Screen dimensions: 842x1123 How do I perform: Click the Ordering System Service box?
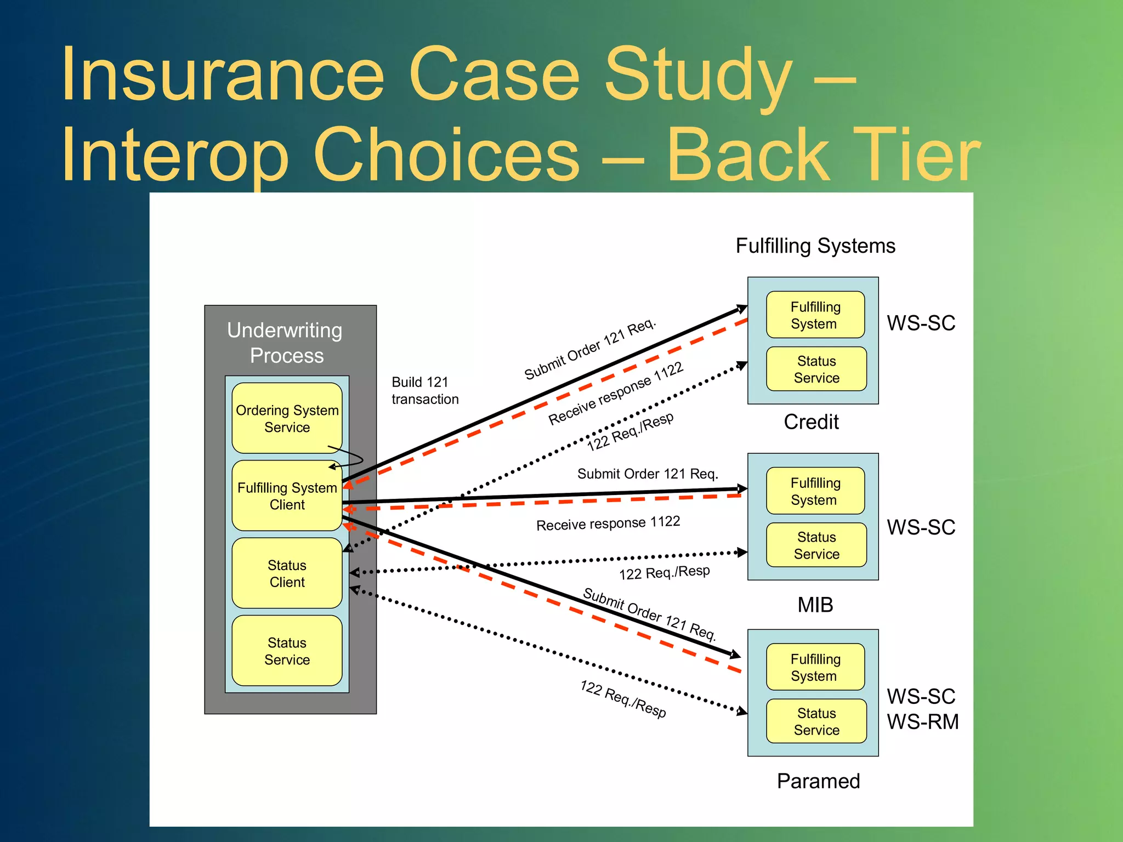tap(287, 418)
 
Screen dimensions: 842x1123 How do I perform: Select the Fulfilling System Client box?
tap(287, 496)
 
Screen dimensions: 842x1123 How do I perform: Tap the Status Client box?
tap(287, 573)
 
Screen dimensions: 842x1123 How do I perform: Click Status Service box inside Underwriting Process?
tap(287, 651)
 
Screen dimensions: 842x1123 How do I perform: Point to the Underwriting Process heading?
tap(286, 343)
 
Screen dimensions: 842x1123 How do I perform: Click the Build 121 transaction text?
tap(424, 390)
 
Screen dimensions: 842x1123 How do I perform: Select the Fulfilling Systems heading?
tap(815, 246)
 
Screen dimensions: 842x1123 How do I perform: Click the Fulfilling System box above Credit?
tap(815, 315)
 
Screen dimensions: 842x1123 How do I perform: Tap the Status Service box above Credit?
tap(816, 369)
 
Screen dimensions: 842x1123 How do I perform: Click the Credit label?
tap(811, 422)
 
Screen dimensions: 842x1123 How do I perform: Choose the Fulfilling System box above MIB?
tap(815, 491)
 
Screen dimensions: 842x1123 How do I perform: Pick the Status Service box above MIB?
tap(816, 545)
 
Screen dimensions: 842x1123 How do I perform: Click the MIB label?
tap(815, 605)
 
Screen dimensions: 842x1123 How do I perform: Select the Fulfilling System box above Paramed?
tap(815, 667)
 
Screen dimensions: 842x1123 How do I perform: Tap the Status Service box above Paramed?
tap(816, 721)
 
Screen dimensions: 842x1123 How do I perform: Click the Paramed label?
tap(818, 781)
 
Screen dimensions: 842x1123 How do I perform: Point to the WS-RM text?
tap(923, 721)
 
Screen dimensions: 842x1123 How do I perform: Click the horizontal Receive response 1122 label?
tap(608, 523)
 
